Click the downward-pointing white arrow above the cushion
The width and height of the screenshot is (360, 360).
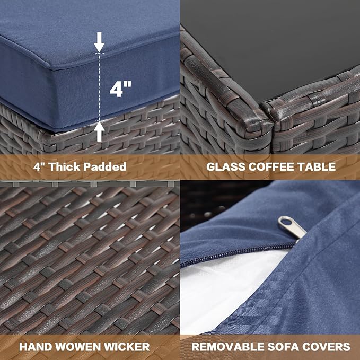click(x=99, y=42)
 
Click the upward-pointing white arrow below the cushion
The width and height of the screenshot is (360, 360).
click(x=99, y=131)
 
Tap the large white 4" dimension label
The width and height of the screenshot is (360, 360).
click(x=120, y=89)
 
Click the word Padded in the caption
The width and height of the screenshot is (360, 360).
click(x=104, y=166)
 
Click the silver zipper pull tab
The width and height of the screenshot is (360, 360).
click(x=292, y=227)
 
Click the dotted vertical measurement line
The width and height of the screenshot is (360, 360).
click(x=99, y=87)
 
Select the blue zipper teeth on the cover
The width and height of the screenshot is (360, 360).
click(x=236, y=254)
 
